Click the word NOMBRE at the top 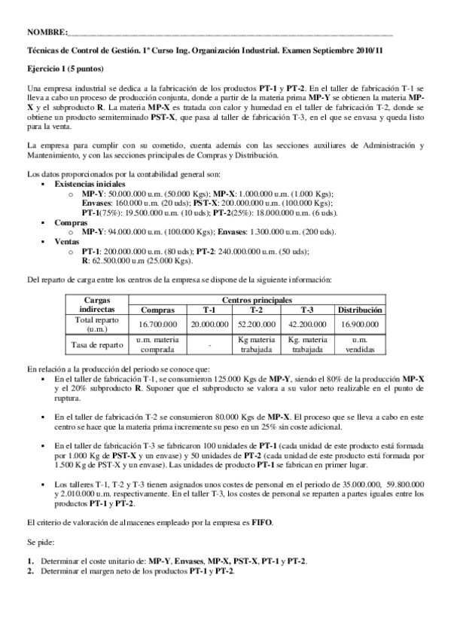pos(46,33)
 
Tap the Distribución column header pos(360,310)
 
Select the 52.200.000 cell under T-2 pos(256,324)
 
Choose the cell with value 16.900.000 pos(360,324)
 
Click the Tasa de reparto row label pos(95,344)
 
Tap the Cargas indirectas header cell pos(95,305)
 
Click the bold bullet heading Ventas pos(66,242)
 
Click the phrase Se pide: pos(41,541)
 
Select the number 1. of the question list pos(30,561)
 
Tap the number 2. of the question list pos(30,570)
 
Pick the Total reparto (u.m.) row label pos(95,324)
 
